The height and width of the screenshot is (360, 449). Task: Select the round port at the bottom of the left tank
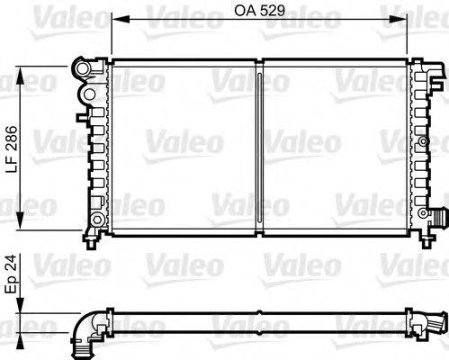[x=96, y=220]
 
